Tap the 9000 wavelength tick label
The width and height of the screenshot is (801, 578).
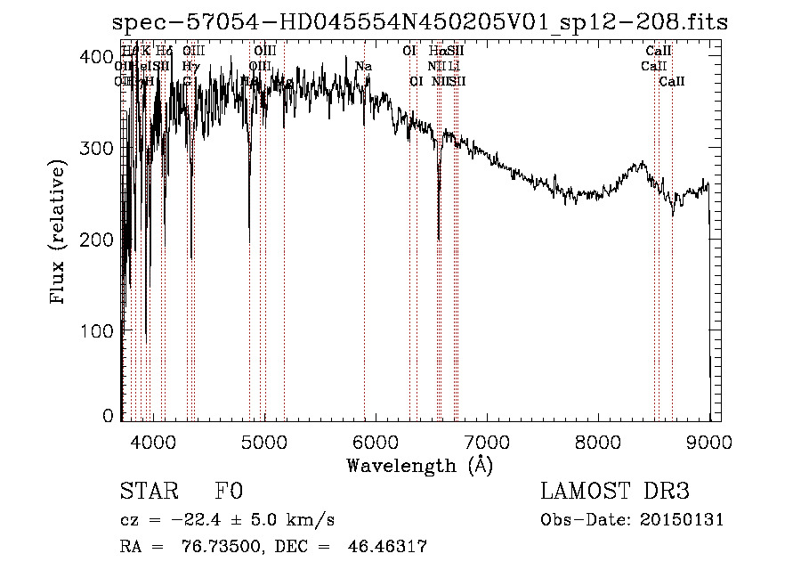tap(708, 442)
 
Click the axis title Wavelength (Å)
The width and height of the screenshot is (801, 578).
tap(419, 465)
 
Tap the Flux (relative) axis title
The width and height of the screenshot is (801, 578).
tap(60, 234)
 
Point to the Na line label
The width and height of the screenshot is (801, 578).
tap(363, 66)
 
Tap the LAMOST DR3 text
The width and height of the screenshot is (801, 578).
tap(615, 492)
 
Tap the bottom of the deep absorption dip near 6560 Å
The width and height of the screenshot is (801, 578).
tap(439, 239)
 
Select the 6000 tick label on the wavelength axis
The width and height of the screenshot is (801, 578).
tap(375, 442)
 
